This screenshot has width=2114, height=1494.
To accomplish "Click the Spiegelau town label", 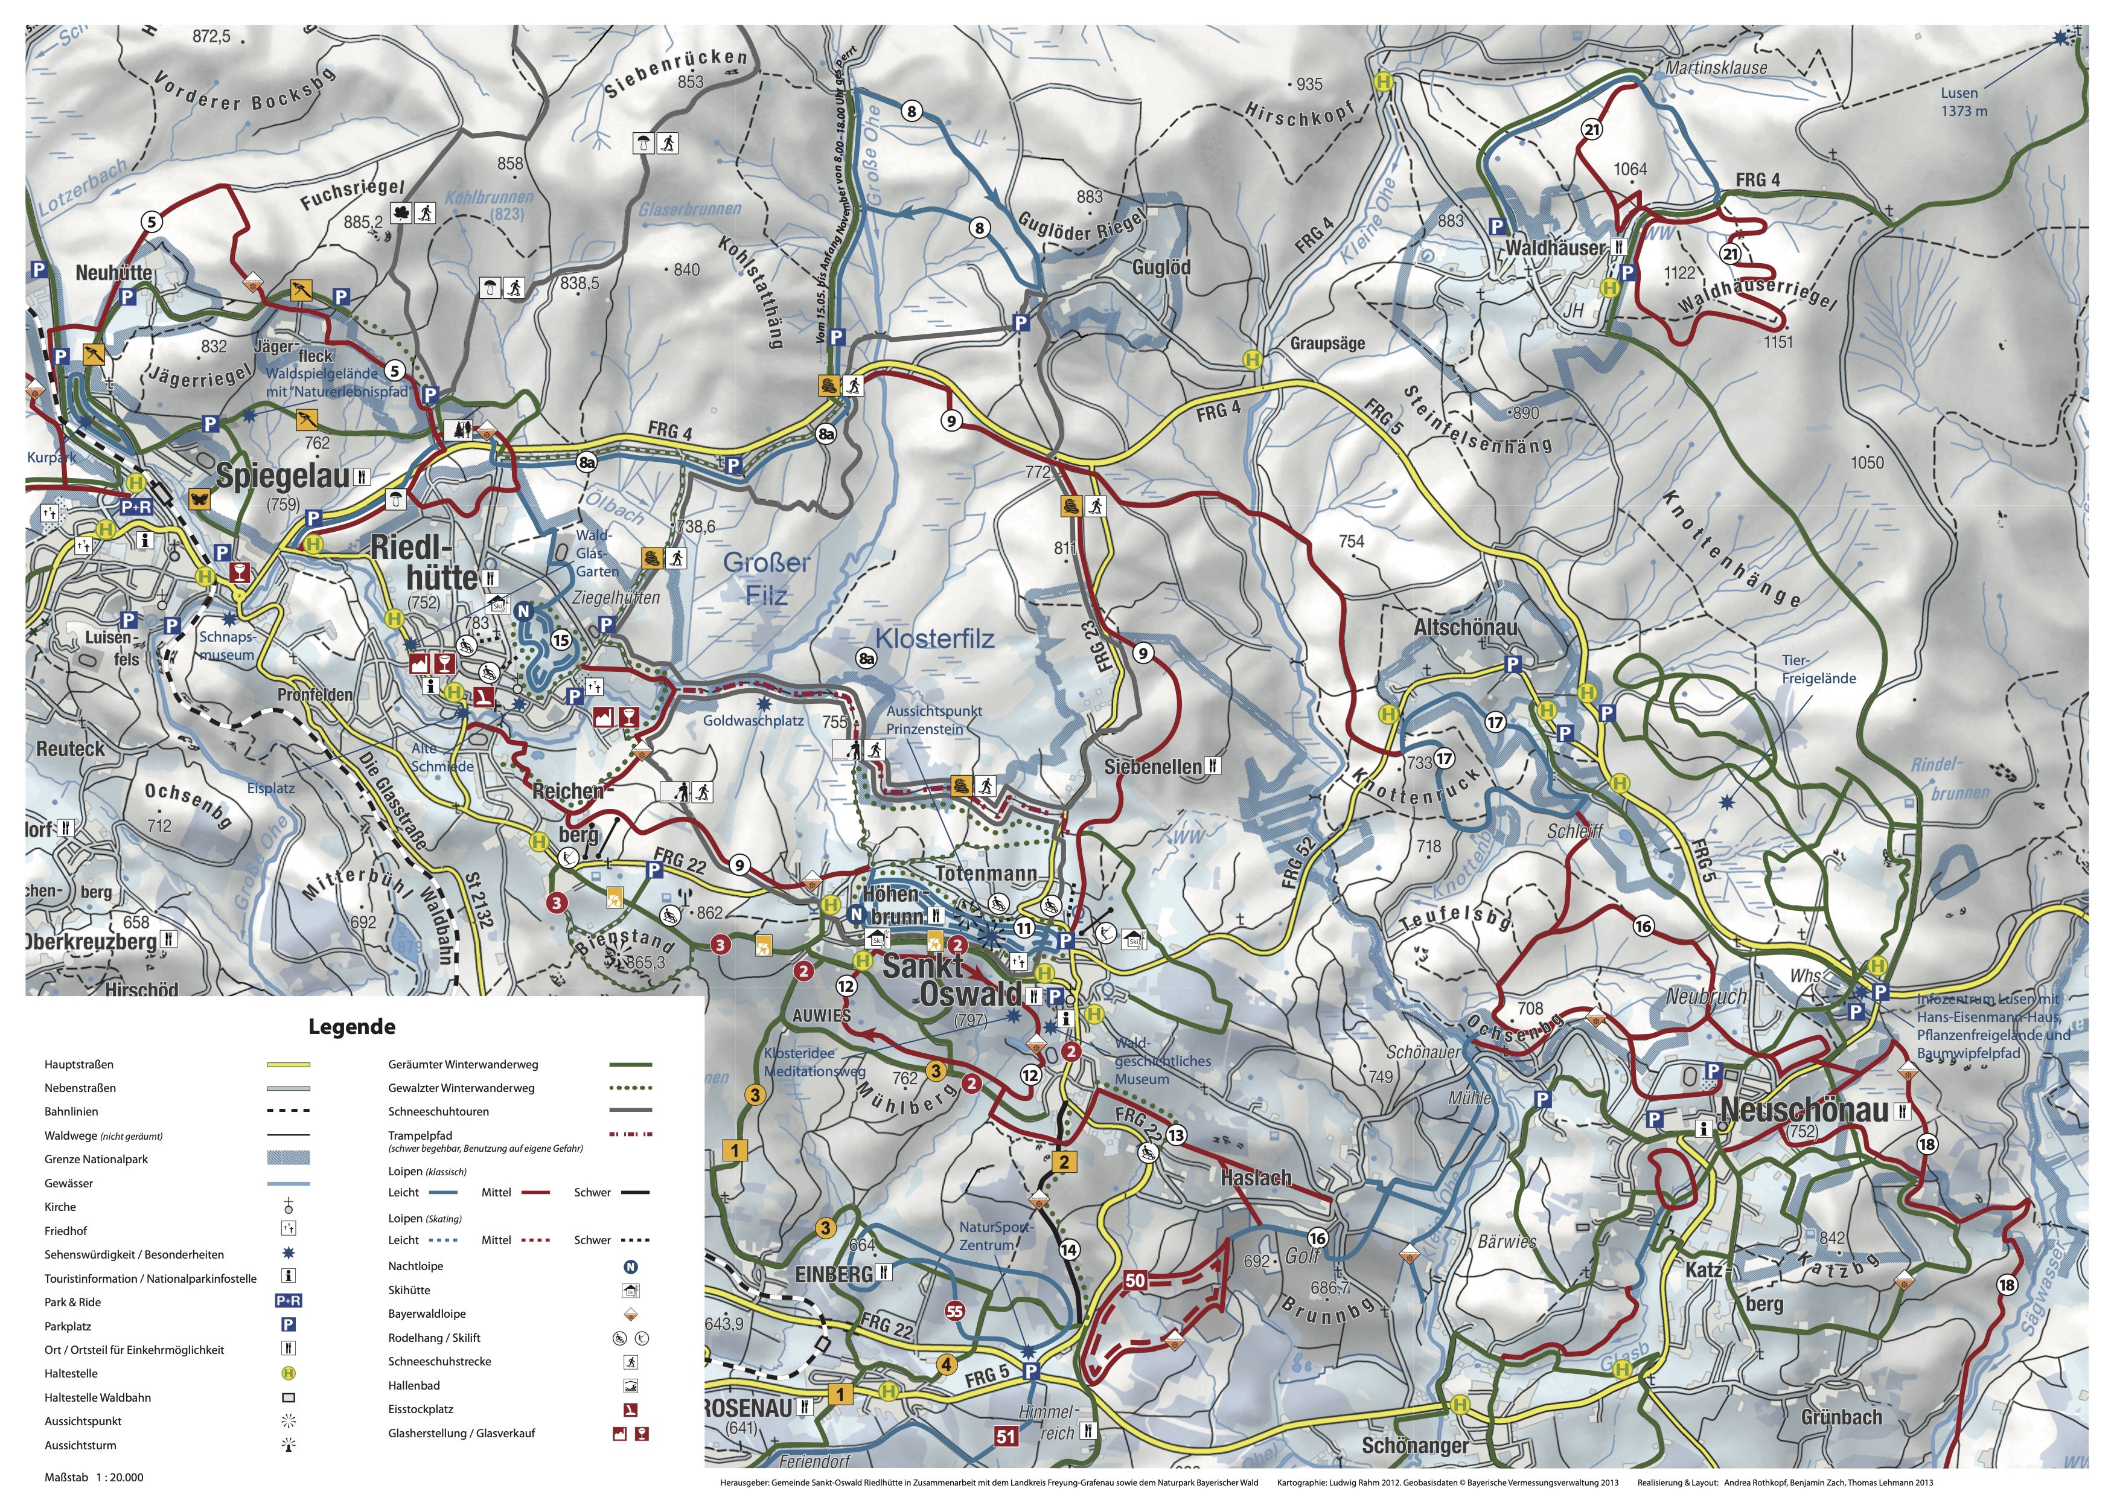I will (x=283, y=476).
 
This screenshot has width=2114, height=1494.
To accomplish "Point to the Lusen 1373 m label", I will (x=1963, y=102).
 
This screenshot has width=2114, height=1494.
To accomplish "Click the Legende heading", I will (x=352, y=1026).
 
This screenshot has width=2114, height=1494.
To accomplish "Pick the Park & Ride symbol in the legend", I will (x=288, y=1301).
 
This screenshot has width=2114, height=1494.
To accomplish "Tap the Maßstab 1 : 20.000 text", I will (x=94, y=1476).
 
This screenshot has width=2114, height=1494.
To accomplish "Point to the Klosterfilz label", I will (x=934, y=638).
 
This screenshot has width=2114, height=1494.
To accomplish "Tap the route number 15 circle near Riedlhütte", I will (x=561, y=640).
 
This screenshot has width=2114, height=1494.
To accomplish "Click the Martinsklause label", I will (x=1716, y=67).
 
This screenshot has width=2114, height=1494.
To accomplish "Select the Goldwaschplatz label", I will (x=753, y=721).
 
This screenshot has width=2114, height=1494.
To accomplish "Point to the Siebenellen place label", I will (x=1153, y=767).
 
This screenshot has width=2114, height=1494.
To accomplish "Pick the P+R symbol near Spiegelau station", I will (x=136, y=506).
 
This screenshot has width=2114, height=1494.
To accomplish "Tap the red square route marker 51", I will (x=1006, y=1436).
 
